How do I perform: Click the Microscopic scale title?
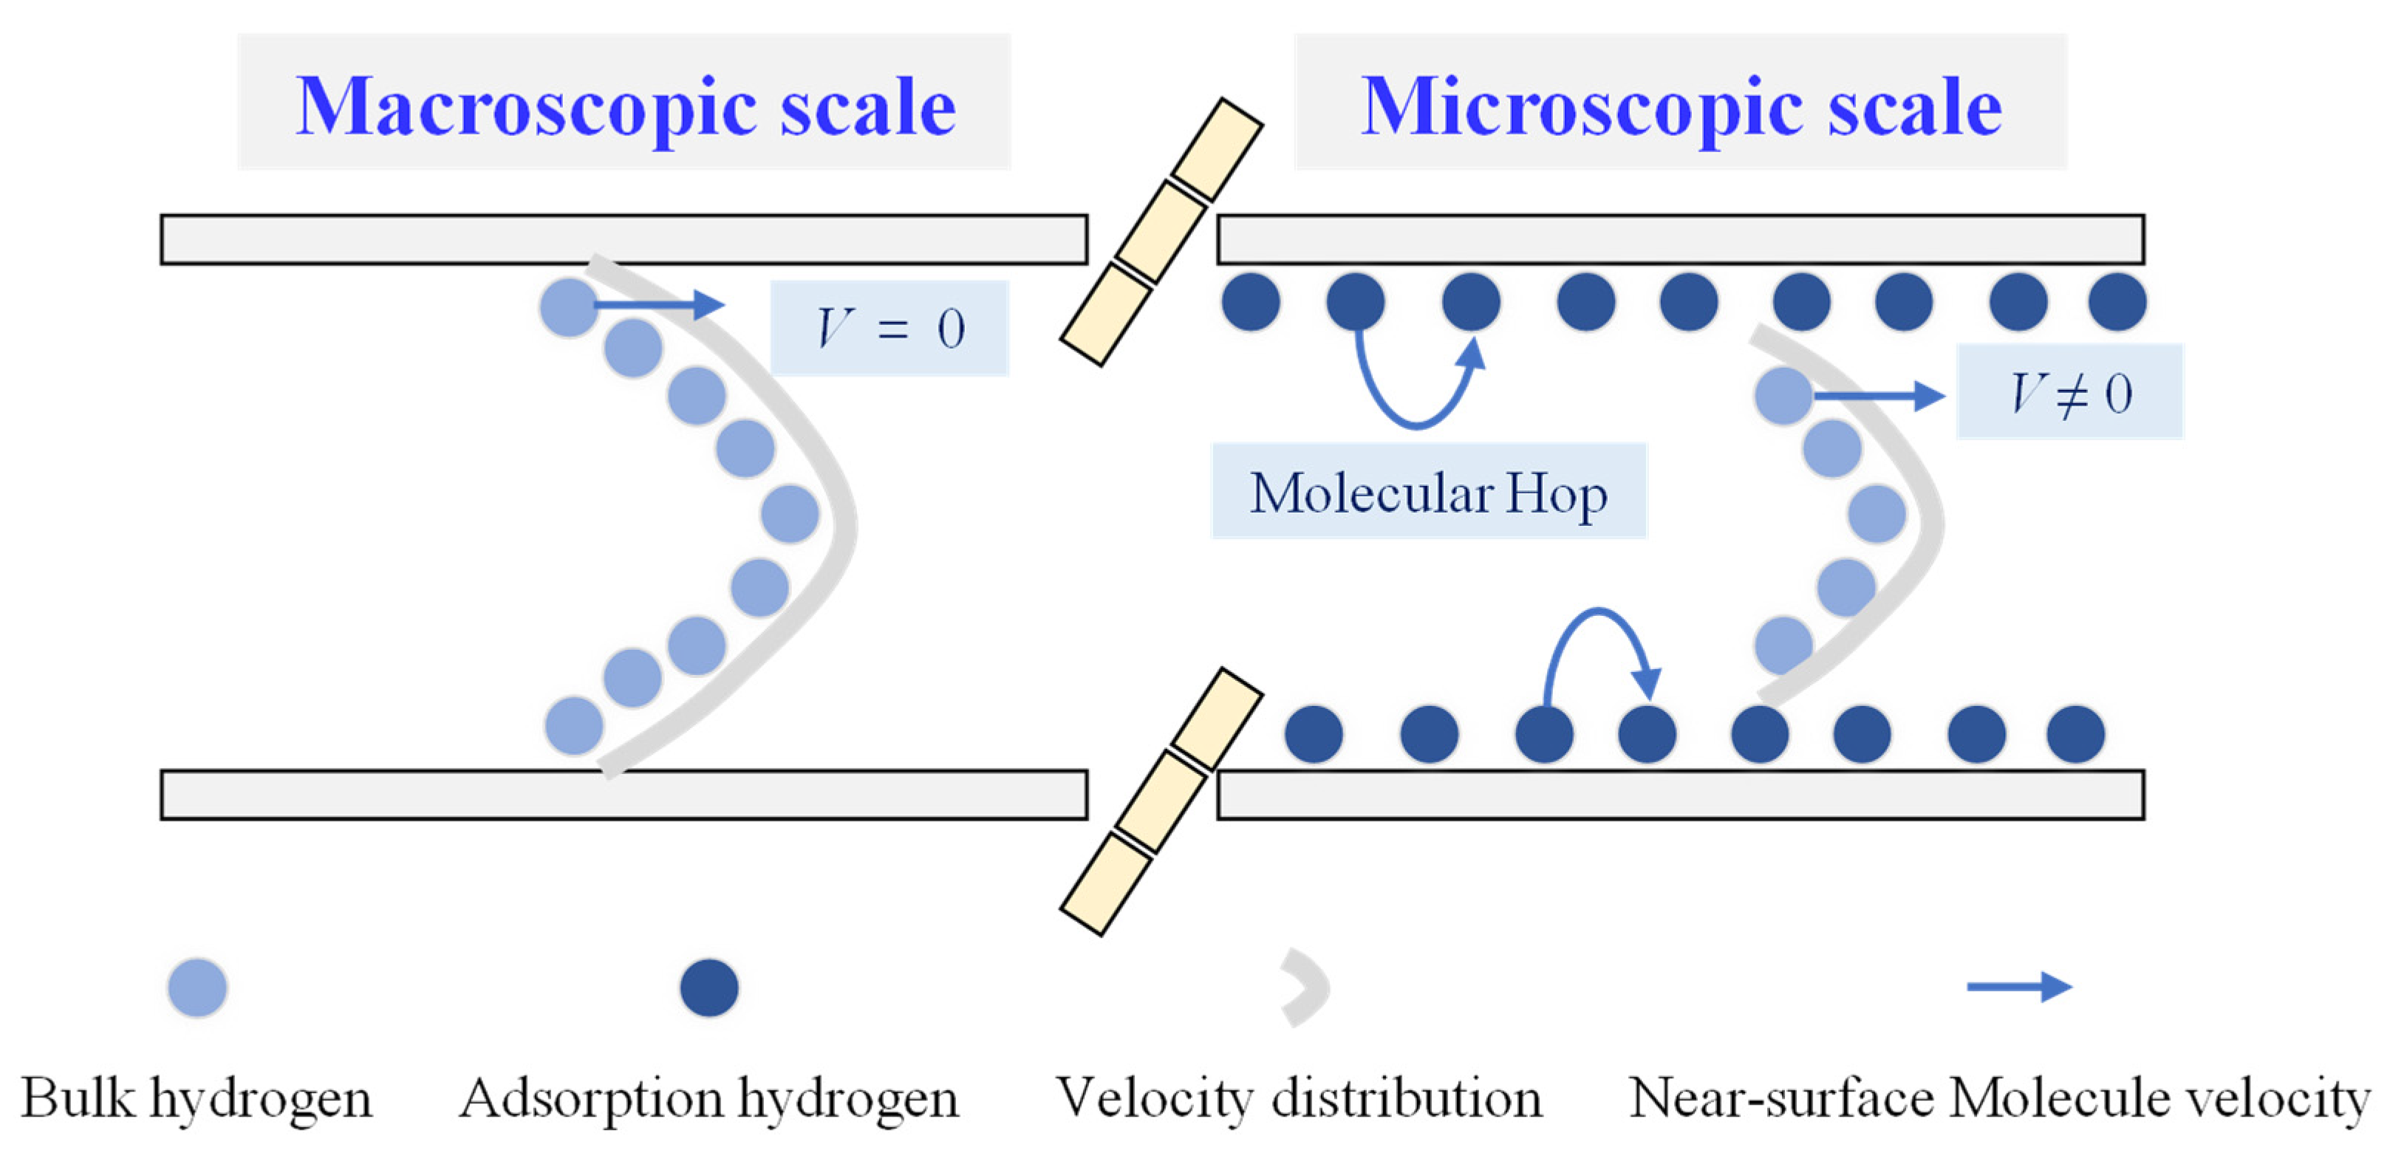[1680, 106]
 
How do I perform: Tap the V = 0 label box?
[889, 328]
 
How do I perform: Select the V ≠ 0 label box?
[2069, 392]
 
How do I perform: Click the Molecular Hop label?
[1428, 492]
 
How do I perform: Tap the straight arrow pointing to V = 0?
[658, 304]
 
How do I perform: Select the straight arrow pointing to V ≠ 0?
[1877, 397]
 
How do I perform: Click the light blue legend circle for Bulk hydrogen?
[197, 987]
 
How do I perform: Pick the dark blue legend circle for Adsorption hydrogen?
[709, 987]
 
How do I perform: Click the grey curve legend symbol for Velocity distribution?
[1307, 987]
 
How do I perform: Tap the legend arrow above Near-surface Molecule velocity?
[2018, 987]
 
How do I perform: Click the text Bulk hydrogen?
[197, 1099]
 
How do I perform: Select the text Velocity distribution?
[1299, 1099]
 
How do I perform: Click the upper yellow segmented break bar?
[1162, 233]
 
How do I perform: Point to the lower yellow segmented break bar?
[1162, 801]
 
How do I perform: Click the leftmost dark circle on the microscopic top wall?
[1251, 302]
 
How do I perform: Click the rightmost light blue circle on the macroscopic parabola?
[790, 514]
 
